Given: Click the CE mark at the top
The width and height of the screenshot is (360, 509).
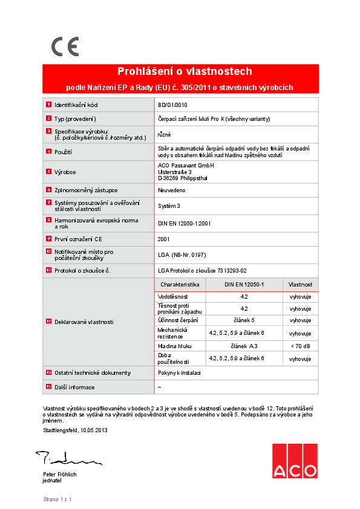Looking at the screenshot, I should tap(65, 47).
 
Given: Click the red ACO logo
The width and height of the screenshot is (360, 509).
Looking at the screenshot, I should tap(294, 461).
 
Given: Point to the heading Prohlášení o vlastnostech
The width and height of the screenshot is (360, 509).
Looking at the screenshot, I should tap(184, 71).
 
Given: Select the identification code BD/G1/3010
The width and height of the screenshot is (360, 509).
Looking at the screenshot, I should tap(172, 105).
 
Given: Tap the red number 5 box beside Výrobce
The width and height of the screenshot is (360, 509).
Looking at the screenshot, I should tap(48, 172).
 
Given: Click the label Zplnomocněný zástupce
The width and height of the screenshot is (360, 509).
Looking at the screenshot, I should tap(86, 190).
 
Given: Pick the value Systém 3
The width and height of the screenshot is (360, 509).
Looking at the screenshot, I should tap(169, 206).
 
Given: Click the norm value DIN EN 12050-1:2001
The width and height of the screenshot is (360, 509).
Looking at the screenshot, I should tap(184, 223).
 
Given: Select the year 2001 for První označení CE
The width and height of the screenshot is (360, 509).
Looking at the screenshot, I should tap(165, 239).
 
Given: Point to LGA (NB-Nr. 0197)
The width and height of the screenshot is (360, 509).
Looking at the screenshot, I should tap(182, 254).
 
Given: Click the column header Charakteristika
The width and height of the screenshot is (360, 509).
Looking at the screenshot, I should tap(180, 284).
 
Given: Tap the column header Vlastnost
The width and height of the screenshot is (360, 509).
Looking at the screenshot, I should tap(300, 284).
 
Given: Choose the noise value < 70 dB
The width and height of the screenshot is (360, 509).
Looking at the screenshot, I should tap(300, 346).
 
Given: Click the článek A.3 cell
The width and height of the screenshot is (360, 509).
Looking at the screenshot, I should tap(244, 346).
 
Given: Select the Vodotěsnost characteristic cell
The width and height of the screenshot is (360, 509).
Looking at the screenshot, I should tap(173, 297).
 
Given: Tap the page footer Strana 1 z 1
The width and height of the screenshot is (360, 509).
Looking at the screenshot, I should tap(57, 499).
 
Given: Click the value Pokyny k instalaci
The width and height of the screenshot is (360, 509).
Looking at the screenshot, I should tap(179, 373).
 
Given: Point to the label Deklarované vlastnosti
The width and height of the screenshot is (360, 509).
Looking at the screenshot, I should tap(84, 322).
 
